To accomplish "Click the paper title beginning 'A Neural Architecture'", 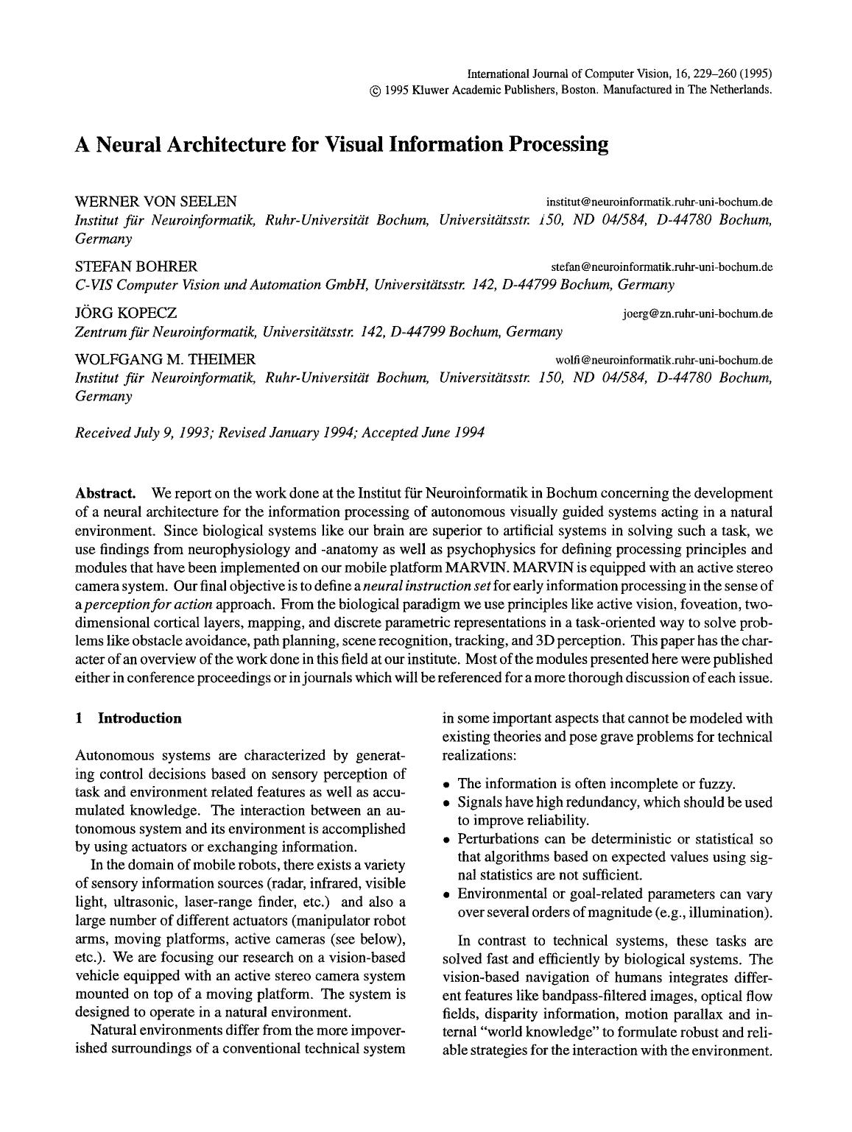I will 342,144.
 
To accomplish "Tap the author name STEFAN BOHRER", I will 136,266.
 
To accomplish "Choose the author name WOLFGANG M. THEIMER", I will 166,359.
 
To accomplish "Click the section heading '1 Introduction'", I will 129,718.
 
